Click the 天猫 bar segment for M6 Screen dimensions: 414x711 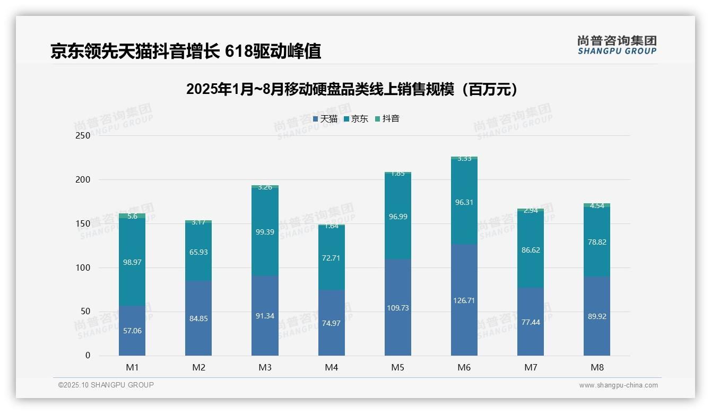pos(464,300)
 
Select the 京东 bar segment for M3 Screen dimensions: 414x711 pos(265,232)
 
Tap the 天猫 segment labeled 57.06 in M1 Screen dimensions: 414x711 pos(132,331)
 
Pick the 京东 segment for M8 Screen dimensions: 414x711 pos(596,242)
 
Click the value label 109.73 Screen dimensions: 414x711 pos(397,308)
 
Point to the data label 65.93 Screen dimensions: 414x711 pos(198,252)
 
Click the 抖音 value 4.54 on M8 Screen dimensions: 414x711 pos(596,206)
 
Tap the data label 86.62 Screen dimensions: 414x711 pos(530,250)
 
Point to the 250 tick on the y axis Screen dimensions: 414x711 pos(83,135)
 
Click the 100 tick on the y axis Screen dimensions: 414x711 pos(83,268)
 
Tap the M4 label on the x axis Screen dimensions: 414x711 pos(331,367)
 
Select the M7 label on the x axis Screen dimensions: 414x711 pos(530,367)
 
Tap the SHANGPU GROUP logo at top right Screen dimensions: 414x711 pos(617,45)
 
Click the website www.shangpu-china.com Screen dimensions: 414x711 pos(618,385)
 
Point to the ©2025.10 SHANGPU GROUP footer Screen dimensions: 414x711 pos(106,385)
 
